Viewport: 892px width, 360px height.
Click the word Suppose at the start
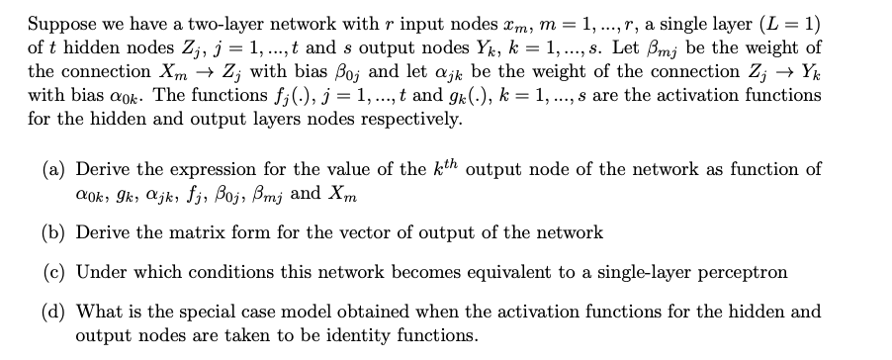pyautogui.click(x=58, y=24)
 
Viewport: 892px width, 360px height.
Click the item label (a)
pyautogui.click(x=54, y=168)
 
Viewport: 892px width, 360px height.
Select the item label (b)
pyautogui.click(x=54, y=232)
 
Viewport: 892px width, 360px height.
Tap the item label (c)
pyautogui.click(x=54, y=271)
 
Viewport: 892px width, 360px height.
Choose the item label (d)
pyautogui.click(x=54, y=311)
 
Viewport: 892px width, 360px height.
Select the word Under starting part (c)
pyautogui.click(x=101, y=271)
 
